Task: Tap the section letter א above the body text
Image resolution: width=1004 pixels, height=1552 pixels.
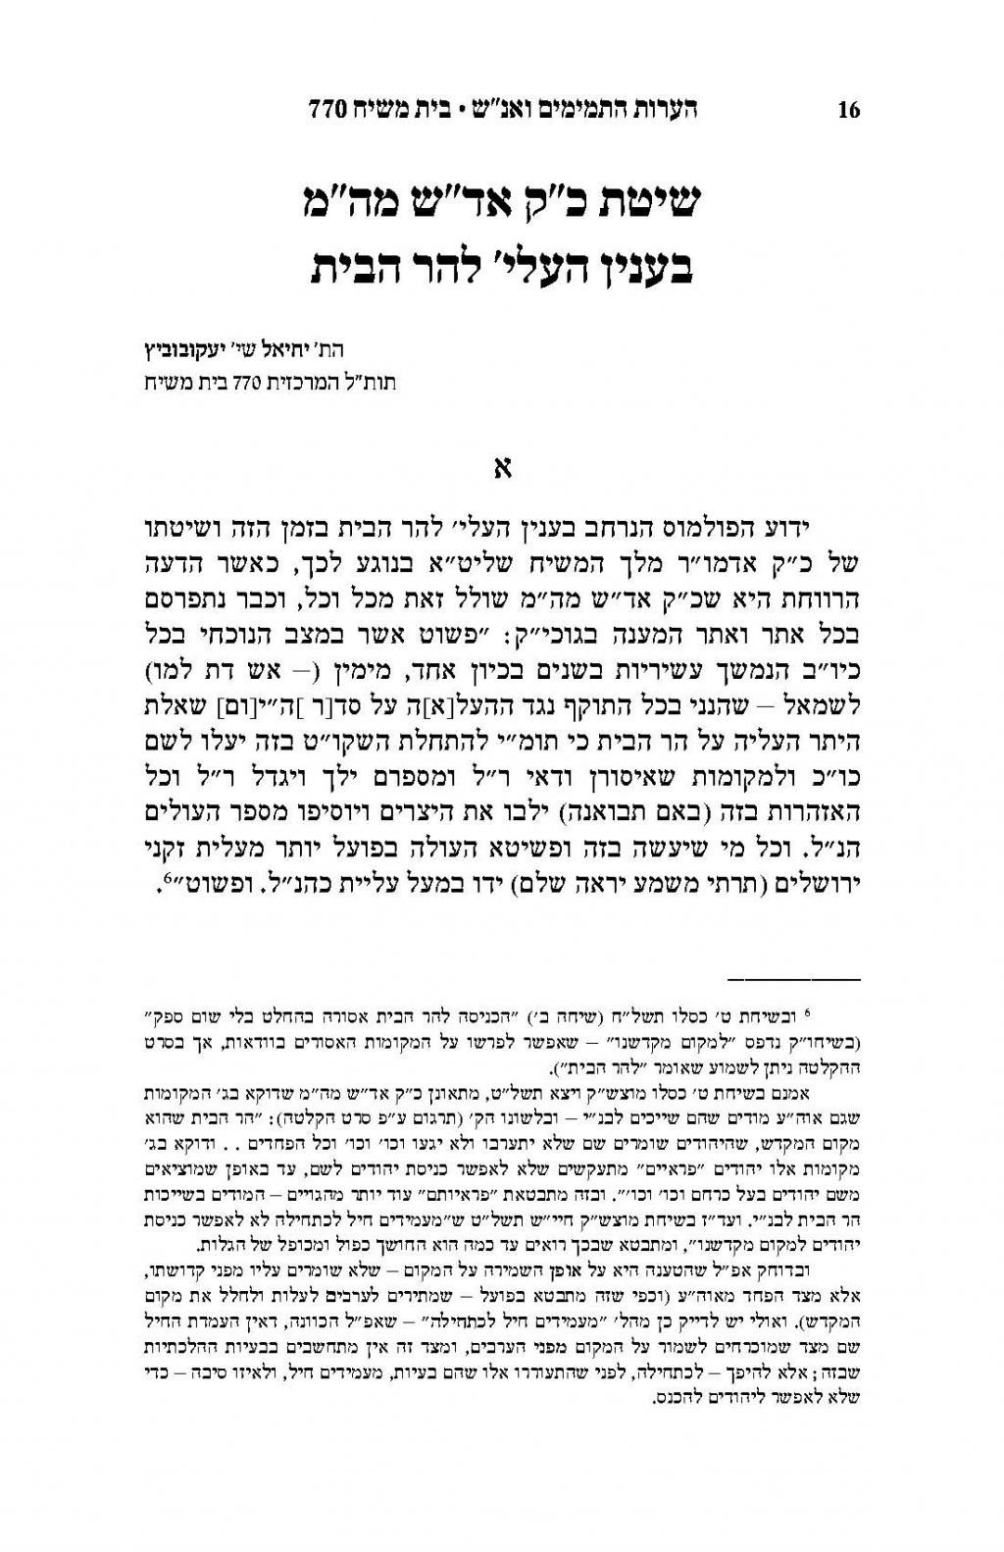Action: coord(502,468)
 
